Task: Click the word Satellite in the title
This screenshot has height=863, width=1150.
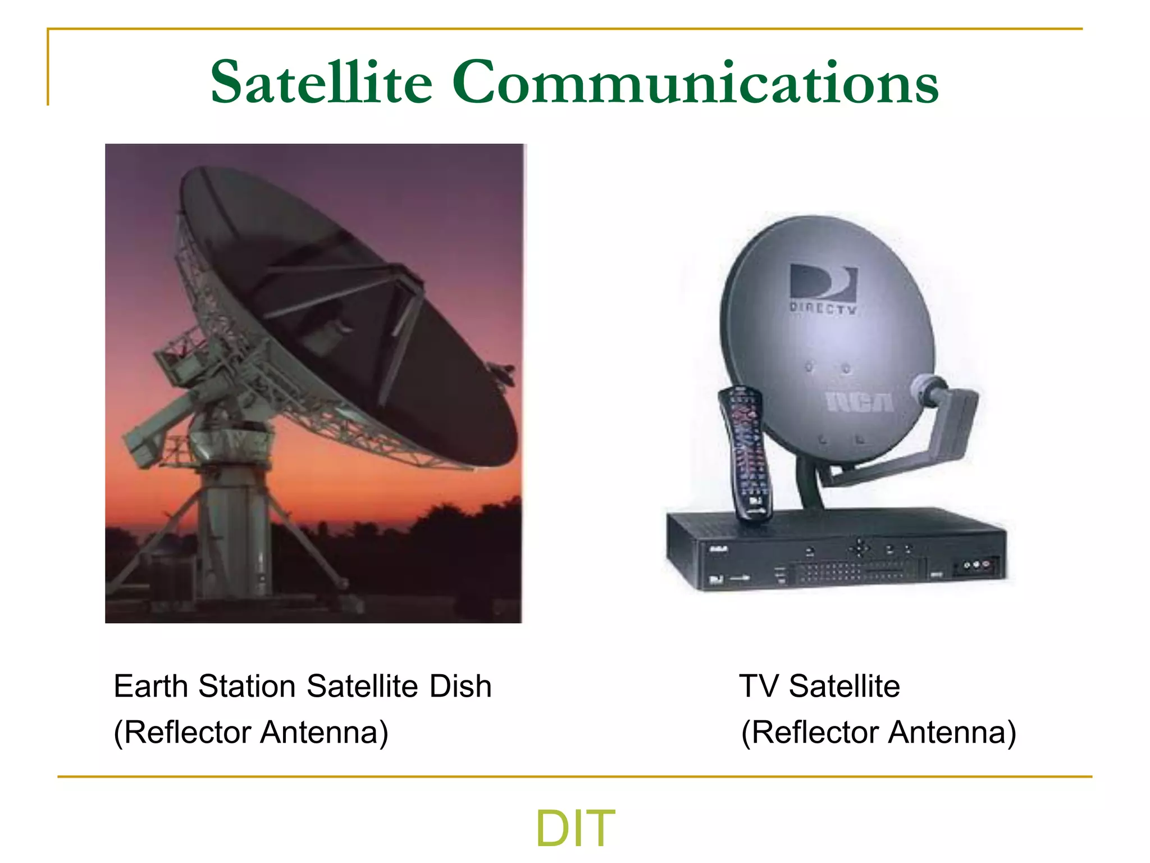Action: (321, 83)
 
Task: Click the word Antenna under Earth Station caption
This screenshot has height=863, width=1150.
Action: (324, 732)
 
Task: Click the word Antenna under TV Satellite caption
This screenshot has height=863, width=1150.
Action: (952, 732)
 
